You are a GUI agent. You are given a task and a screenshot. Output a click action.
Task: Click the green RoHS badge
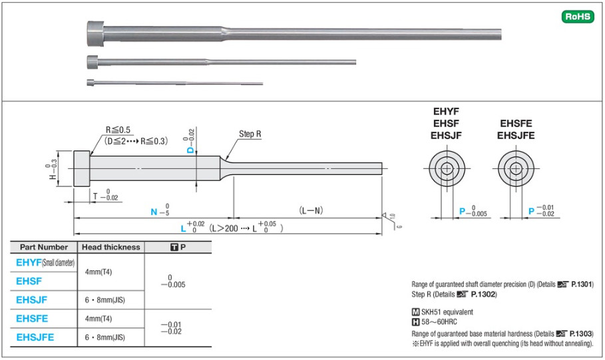[x=578, y=17]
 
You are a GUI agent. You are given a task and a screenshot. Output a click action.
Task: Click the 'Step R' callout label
[x=250, y=134]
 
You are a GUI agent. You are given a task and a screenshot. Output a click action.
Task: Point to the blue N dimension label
[x=154, y=212]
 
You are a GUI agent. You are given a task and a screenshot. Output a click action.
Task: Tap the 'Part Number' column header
[x=44, y=247]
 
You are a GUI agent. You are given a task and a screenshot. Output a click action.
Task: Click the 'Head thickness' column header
[x=110, y=247]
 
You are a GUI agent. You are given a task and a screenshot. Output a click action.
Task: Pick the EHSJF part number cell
[x=33, y=300]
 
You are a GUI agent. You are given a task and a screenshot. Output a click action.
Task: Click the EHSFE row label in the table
[x=33, y=319]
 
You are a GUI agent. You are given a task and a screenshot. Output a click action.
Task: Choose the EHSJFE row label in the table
[x=36, y=337]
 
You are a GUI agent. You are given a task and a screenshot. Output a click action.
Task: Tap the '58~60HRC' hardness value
[x=439, y=323]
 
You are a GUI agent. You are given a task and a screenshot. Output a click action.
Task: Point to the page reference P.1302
[x=483, y=294]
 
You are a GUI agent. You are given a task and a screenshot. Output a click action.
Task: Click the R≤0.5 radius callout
[x=119, y=129]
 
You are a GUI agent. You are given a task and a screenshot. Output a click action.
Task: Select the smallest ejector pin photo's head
[x=90, y=83]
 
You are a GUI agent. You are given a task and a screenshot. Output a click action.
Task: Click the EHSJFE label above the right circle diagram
[x=516, y=136]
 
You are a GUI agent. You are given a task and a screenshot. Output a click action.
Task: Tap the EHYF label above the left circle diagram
[x=446, y=112]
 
